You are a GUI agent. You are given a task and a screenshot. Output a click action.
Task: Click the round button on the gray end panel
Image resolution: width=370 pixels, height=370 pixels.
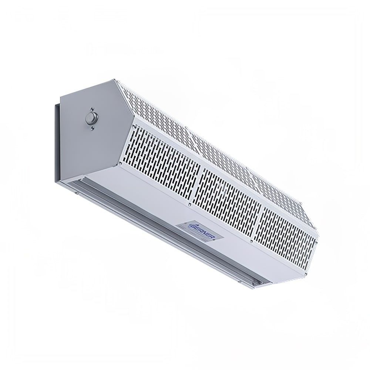click(x=90, y=118)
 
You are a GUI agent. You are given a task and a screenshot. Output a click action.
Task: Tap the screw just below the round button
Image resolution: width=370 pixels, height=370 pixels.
click(x=92, y=128)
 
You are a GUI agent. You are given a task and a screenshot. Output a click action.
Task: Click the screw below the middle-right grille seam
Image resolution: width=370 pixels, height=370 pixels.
click(x=251, y=240)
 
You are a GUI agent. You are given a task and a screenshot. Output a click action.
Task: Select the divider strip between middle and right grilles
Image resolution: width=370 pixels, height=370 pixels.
click(x=259, y=218)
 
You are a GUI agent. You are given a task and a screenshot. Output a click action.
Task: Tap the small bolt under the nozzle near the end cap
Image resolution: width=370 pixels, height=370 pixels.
click(x=75, y=193)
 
